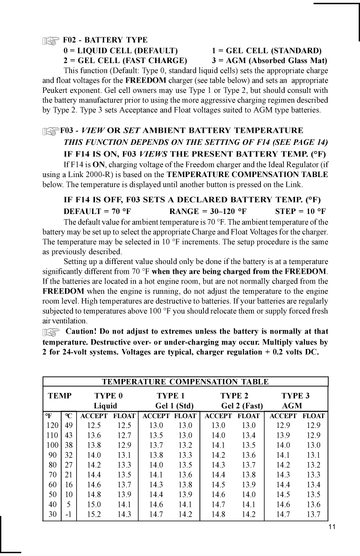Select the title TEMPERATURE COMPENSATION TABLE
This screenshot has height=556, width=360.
tap(185, 382)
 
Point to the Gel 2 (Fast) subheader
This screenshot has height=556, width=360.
tap(242, 406)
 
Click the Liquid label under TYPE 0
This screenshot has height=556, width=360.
tap(105, 406)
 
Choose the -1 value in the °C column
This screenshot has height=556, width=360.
tap(68, 514)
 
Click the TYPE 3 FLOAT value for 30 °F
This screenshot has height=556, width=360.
tap(313, 514)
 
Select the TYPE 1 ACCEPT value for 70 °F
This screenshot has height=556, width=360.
tap(156, 475)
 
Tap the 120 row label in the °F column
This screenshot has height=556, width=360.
tap(52, 425)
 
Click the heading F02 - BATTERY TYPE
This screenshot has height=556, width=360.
tap(105, 40)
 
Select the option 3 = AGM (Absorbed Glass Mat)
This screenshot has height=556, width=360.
tap(269, 61)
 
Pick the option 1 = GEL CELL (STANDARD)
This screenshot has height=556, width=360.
tap(266, 50)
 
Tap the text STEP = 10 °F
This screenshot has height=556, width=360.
tap(300, 211)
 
